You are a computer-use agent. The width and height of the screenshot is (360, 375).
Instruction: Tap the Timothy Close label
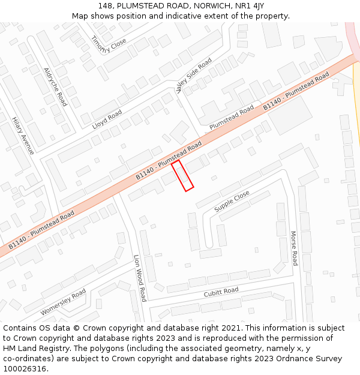(x=109, y=43)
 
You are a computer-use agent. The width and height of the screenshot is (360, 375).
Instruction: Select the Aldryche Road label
(x=55, y=86)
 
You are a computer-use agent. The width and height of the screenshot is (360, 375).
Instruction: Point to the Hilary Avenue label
(x=23, y=136)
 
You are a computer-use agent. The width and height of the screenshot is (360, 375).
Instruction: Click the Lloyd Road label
(x=107, y=120)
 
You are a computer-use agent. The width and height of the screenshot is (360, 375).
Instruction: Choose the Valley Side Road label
(x=194, y=76)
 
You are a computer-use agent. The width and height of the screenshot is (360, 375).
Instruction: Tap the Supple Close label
(x=232, y=202)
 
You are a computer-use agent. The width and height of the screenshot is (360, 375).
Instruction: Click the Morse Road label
(x=294, y=248)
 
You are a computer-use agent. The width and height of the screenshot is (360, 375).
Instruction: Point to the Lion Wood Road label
(x=140, y=278)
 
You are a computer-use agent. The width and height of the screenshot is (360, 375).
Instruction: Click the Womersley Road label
(x=63, y=302)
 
